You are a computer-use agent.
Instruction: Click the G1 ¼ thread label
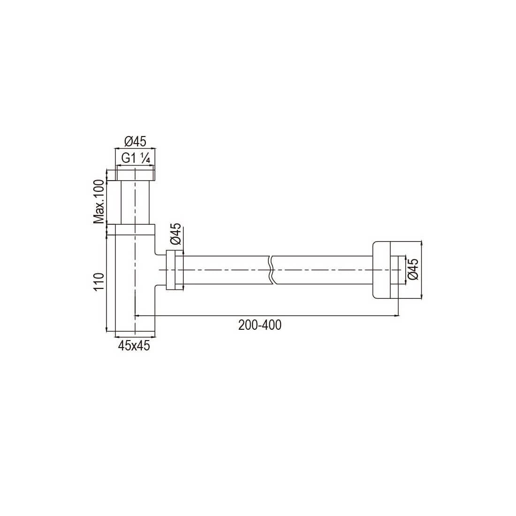[x=136, y=159]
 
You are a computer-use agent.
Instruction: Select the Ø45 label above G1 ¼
[x=135, y=142]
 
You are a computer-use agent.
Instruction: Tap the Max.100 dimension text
[x=99, y=202]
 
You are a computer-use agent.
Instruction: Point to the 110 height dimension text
[x=99, y=282]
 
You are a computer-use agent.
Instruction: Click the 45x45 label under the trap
[x=134, y=346]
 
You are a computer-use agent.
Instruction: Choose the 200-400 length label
[x=260, y=325]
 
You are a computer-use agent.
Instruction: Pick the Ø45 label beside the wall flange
[x=413, y=269]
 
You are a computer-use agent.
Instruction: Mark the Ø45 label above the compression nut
[x=176, y=234]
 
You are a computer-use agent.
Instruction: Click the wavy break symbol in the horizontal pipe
[x=271, y=270]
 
